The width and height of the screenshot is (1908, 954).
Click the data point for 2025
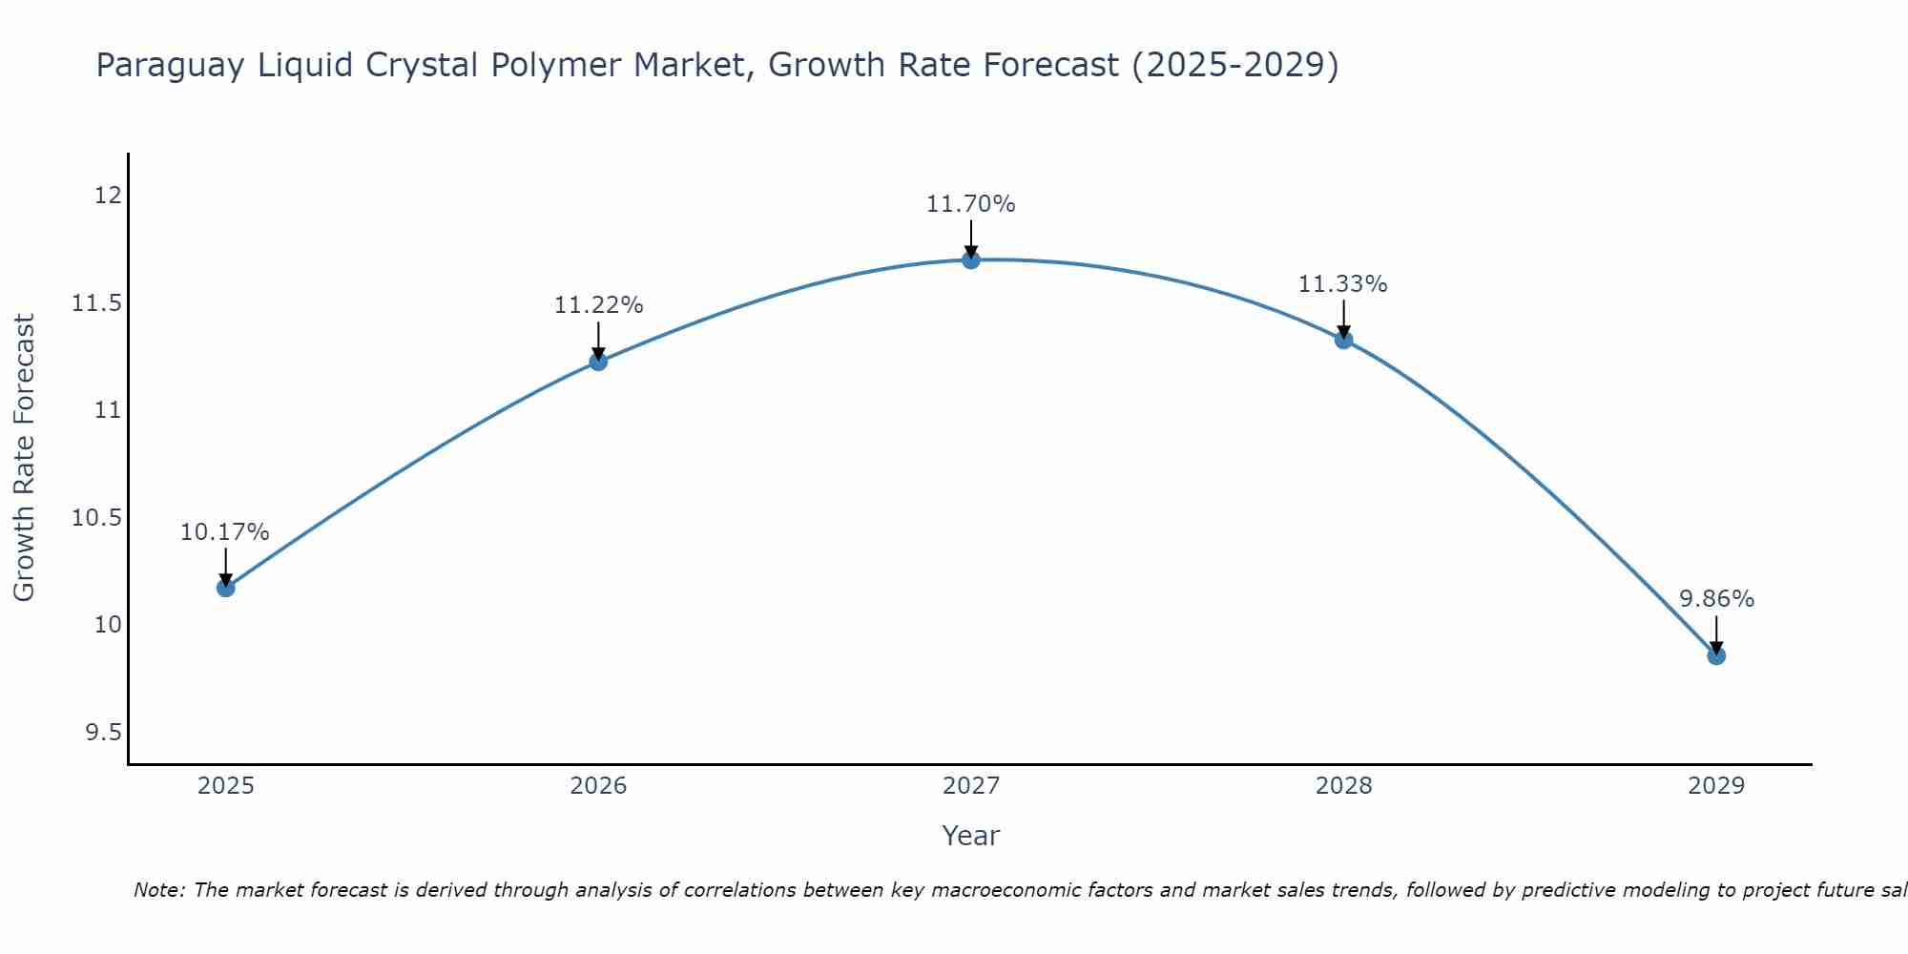[226, 588]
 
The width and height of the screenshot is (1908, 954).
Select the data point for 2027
[971, 259]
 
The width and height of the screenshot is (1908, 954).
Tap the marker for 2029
[1716, 655]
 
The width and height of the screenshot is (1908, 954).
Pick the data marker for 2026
[598, 362]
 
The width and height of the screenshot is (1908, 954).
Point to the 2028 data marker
[1343, 340]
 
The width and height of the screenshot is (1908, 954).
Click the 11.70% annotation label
[971, 204]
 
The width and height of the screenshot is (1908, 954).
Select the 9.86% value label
[1716, 599]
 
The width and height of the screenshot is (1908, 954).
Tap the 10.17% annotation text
[225, 532]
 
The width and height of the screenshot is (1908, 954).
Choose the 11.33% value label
[1343, 284]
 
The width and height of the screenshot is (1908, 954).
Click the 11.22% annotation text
[598, 305]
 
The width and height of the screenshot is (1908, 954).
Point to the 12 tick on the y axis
[108, 196]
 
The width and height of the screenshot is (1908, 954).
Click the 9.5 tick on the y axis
[103, 733]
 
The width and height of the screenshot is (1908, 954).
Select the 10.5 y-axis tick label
[97, 518]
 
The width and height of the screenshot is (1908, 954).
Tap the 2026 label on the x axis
[598, 787]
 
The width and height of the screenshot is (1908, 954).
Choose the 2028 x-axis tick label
[1343, 787]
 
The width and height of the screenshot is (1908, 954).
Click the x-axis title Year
[971, 837]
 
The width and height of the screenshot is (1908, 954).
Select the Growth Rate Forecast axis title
[25, 458]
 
